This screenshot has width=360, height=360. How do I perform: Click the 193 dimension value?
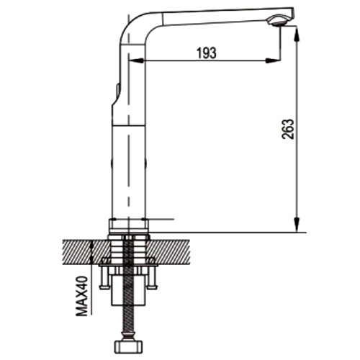point(207,53)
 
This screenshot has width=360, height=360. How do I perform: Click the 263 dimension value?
point(288,129)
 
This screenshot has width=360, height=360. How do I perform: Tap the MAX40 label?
point(81,296)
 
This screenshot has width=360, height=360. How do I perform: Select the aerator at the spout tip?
point(276,20)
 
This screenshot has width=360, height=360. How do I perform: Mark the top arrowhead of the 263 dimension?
point(297,34)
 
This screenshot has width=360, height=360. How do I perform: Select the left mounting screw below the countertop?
point(104,279)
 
